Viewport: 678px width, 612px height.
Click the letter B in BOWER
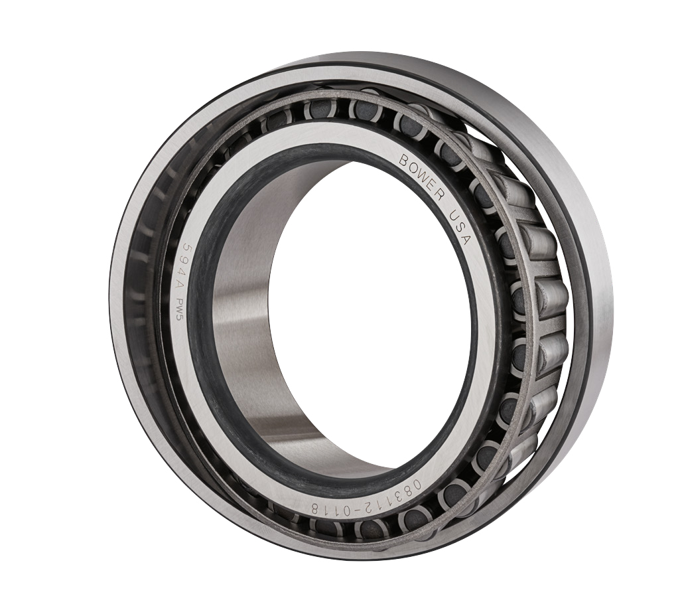[x=404, y=159]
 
